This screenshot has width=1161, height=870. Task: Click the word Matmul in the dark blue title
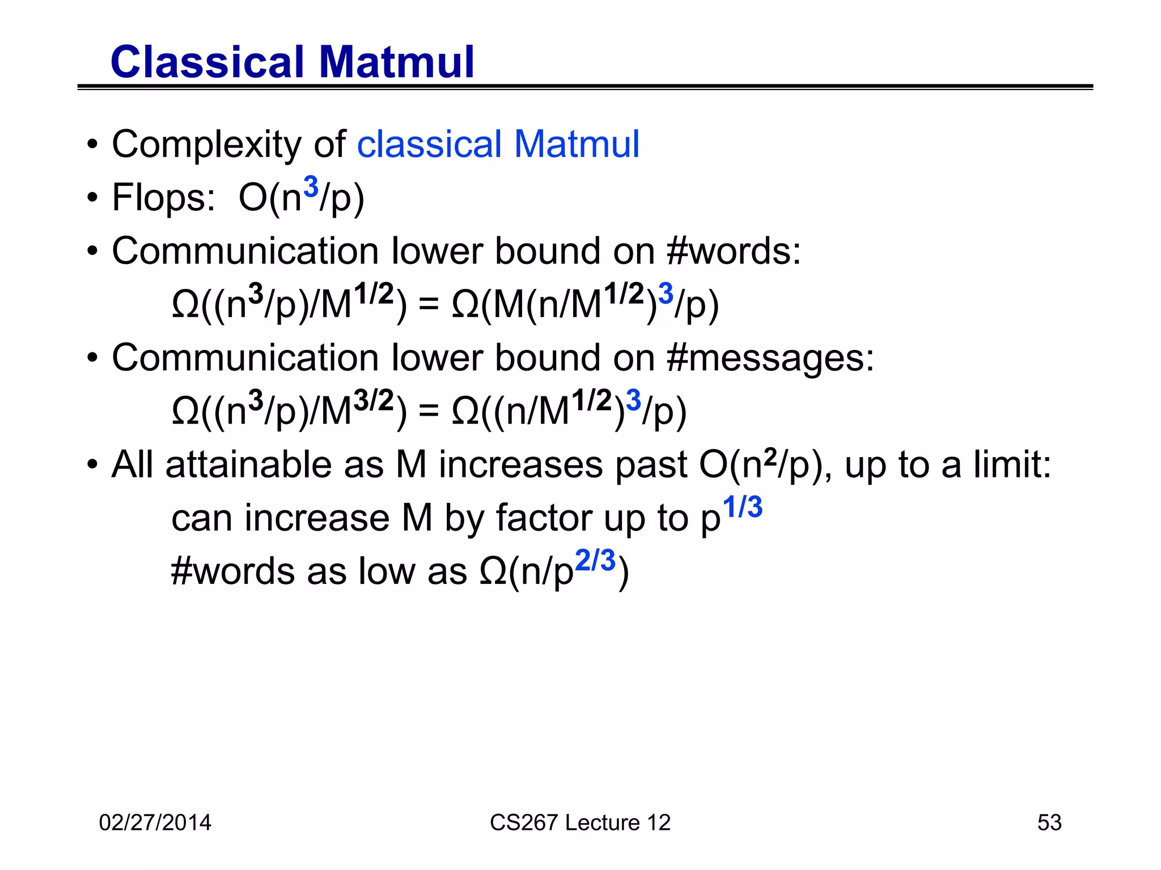pos(396,62)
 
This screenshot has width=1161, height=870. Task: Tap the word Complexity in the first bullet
pos(206,145)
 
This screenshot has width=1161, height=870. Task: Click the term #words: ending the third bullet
pos(734,251)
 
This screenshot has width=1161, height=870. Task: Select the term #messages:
pos(771,359)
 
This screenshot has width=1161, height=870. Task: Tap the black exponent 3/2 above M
pos(374,401)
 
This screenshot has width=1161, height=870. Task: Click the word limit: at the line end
pos(1012,465)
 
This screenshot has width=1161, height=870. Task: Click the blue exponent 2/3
pos(595,561)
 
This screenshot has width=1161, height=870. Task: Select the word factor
pos(543,518)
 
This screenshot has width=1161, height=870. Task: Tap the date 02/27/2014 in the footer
pos(155,822)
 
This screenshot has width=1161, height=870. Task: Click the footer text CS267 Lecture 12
pos(580,822)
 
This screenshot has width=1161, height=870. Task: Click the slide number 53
pos(1049,822)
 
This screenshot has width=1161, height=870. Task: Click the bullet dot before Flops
pos(92,198)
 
